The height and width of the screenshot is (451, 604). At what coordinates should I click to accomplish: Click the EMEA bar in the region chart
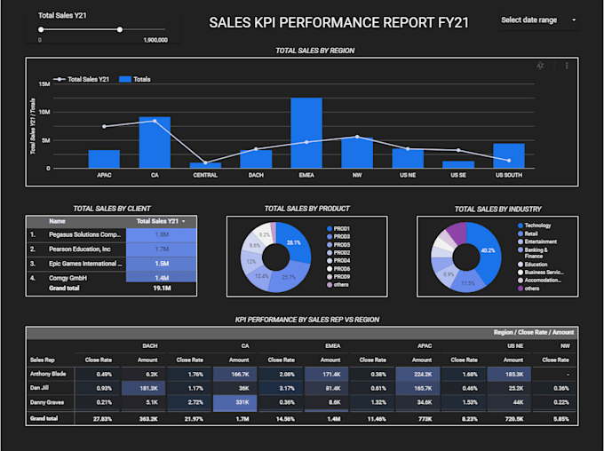306,133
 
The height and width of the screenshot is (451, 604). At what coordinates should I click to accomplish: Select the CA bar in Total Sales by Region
155,142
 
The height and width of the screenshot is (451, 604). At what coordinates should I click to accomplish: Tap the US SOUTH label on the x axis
509,176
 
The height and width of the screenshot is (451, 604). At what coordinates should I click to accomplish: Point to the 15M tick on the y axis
44,84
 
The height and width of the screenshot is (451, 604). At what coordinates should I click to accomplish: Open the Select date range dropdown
537,20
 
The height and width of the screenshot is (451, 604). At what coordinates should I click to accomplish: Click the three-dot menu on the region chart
567,66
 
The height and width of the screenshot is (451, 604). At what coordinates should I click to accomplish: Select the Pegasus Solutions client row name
84,234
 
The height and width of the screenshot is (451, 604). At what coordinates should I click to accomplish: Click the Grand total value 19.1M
162,288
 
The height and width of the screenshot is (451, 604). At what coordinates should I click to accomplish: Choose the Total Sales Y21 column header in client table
160,221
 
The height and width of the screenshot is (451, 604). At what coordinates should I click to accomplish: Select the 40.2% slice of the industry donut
487,251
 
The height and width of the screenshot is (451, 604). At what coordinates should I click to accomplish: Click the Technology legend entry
537,225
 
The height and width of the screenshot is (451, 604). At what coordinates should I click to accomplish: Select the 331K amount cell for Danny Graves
239,402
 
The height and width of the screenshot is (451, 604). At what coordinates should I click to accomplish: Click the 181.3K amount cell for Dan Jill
148,388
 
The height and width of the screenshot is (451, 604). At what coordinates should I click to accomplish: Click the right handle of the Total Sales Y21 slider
120,29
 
